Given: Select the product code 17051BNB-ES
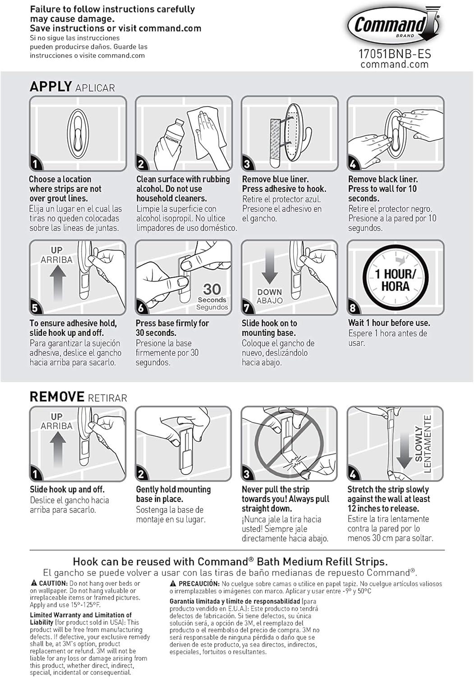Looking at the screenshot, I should [x=394, y=54].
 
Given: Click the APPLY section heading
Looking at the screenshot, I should [x=51, y=87].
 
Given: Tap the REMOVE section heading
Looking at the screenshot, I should [x=57, y=397].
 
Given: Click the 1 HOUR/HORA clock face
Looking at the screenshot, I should [x=395, y=280].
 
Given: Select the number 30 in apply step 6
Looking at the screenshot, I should [x=212, y=289].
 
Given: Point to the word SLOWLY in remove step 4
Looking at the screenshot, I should [x=419, y=444].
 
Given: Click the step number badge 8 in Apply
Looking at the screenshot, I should [x=353, y=308].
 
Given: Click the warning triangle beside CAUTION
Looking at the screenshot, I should [x=34, y=583].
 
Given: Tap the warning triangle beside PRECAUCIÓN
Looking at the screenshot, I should [x=173, y=583].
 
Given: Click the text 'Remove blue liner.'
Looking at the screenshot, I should [x=275, y=179].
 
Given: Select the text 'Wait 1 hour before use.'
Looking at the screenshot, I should [x=389, y=323].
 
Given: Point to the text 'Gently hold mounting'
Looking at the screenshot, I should [x=173, y=489].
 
